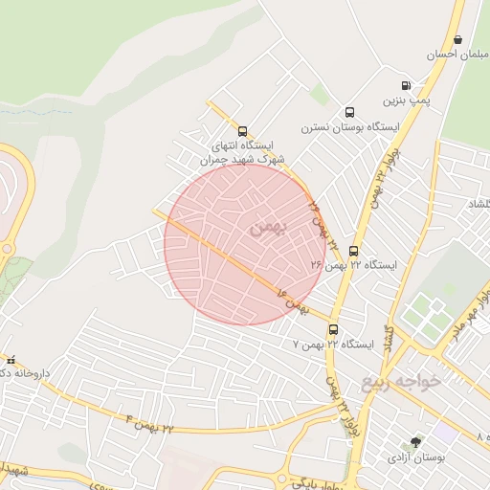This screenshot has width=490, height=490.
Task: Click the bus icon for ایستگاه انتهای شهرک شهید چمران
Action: point(241,132)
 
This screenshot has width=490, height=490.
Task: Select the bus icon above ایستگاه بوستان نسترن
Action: point(349,111)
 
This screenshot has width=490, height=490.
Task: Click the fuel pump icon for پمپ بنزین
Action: point(406,84)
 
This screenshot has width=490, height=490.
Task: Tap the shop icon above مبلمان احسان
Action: point(457,40)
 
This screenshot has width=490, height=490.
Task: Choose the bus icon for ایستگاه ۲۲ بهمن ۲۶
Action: point(353,251)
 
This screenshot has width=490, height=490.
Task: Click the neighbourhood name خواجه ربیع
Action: point(401,382)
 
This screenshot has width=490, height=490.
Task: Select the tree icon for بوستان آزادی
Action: point(415,442)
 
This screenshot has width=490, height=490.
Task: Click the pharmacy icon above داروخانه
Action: point(11,360)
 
